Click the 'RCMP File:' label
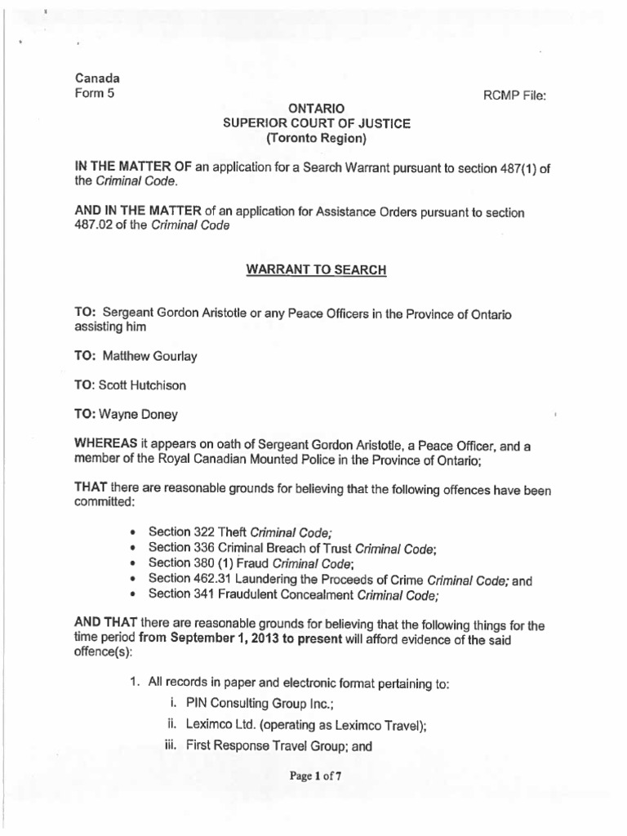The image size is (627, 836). pyautogui.click(x=514, y=95)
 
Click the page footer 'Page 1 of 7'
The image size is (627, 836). pyautogui.click(x=314, y=776)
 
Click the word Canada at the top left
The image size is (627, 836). pyautogui.click(x=97, y=78)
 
